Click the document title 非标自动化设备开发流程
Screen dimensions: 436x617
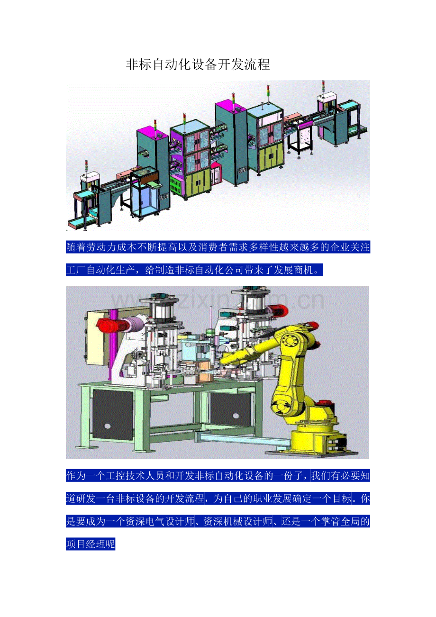click(198, 64)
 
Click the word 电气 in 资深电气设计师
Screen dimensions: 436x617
click(155, 521)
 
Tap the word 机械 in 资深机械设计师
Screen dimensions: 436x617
click(233, 521)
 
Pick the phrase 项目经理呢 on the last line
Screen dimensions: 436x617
click(91, 544)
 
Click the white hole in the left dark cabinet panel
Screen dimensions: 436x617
click(108, 426)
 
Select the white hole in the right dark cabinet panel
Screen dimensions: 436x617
click(236, 416)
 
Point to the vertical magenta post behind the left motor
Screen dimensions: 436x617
click(113, 345)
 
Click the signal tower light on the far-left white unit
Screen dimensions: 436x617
click(86, 166)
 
